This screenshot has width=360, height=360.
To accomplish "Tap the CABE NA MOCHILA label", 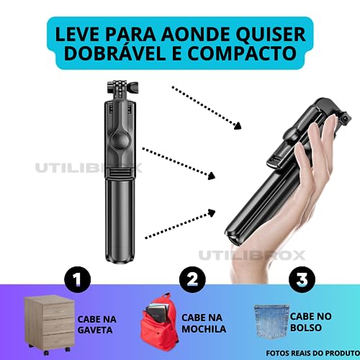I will point(204,323).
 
